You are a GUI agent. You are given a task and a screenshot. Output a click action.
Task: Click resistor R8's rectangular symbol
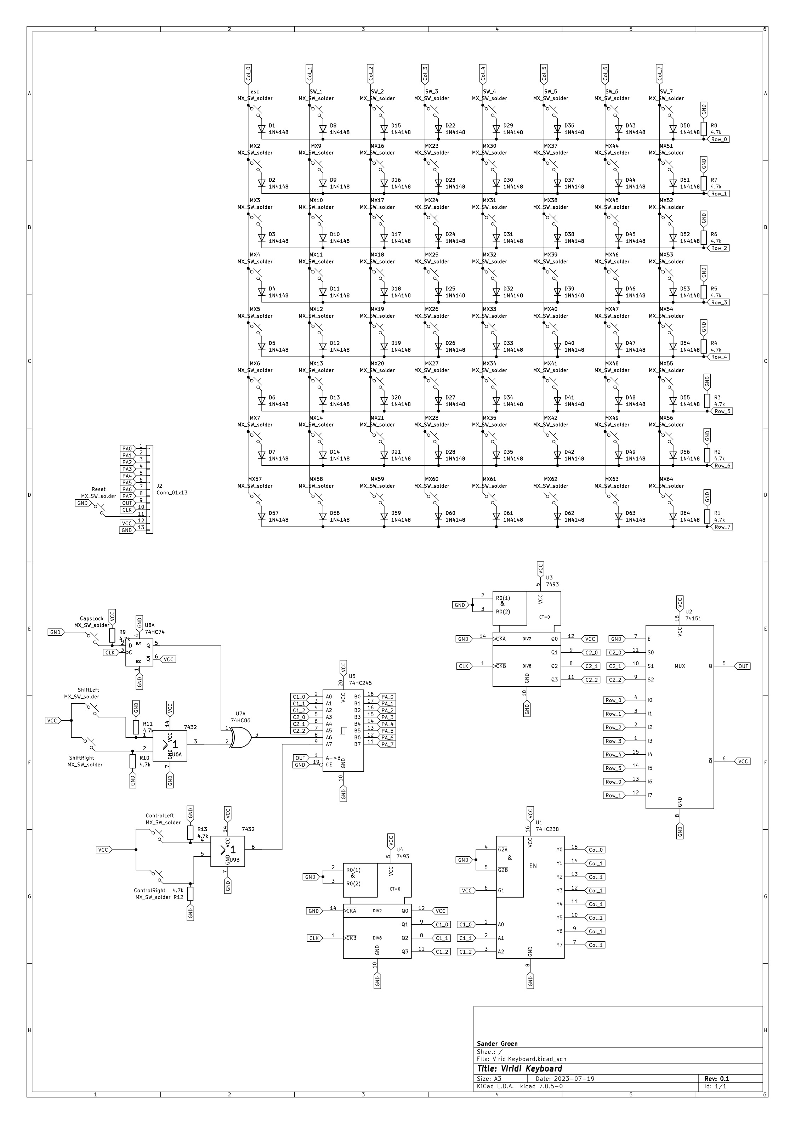703,129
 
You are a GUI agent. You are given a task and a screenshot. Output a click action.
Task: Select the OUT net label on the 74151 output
743,666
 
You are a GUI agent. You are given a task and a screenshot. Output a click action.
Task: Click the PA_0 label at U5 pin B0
387,697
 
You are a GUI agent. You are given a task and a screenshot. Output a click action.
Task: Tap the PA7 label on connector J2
127,496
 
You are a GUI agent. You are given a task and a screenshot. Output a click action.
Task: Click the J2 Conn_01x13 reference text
171,489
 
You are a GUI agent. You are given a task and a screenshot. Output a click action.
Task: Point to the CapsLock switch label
92,618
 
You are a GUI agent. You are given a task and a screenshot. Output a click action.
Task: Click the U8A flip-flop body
139,652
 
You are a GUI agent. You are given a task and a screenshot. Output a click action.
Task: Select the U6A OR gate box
170,745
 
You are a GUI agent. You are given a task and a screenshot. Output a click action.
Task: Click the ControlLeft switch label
160,816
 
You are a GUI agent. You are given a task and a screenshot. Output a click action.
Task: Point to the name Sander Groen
497,1044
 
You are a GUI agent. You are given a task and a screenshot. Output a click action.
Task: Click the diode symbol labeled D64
673,516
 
